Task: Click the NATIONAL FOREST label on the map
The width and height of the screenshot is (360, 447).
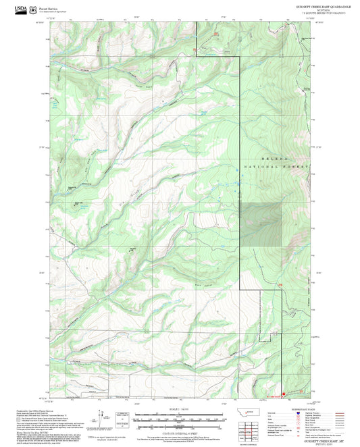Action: (x=276, y=166)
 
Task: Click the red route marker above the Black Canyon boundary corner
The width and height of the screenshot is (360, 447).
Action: (x=280, y=285)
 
